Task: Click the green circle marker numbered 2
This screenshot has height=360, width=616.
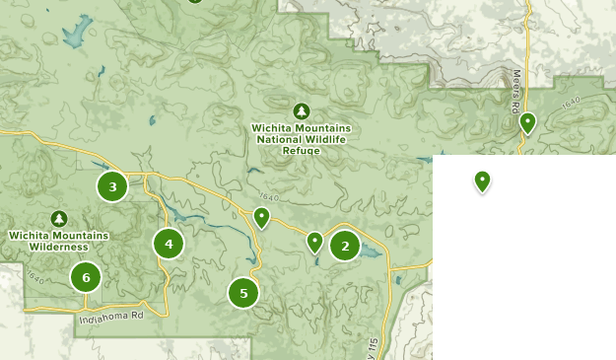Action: [x=345, y=246]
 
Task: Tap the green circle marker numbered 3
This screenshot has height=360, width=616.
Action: [x=112, y=186]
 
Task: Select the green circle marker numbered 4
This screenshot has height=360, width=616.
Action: [x=169, y=243]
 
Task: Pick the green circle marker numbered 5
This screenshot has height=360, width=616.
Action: [x=243, y=293]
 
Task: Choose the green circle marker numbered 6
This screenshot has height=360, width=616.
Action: [x=86, y=277]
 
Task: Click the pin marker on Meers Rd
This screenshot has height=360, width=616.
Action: [x=527, y=123]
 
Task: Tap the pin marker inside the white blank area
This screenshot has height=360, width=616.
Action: [x=482, y=180]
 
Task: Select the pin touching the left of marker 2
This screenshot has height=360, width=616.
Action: [x=314, y=241]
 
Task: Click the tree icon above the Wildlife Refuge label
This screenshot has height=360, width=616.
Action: [x=302, y=110]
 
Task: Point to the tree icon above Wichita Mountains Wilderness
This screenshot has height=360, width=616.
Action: [x=58, y=218]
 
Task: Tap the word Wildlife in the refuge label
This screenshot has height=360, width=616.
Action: [x=323, y=139]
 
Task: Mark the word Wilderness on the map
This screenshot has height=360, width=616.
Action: [x=59, y=247]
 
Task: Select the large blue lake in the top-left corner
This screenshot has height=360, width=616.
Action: [x=74, y=36]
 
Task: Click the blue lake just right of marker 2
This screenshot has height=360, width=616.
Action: [x=371, y=252]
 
